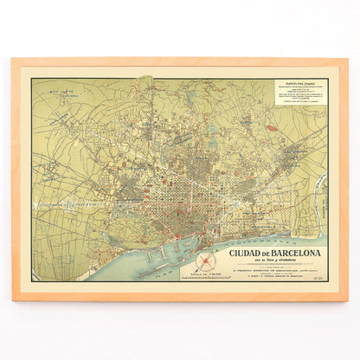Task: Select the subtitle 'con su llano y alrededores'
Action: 275,263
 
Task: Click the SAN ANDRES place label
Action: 286,130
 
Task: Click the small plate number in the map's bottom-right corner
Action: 319,278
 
